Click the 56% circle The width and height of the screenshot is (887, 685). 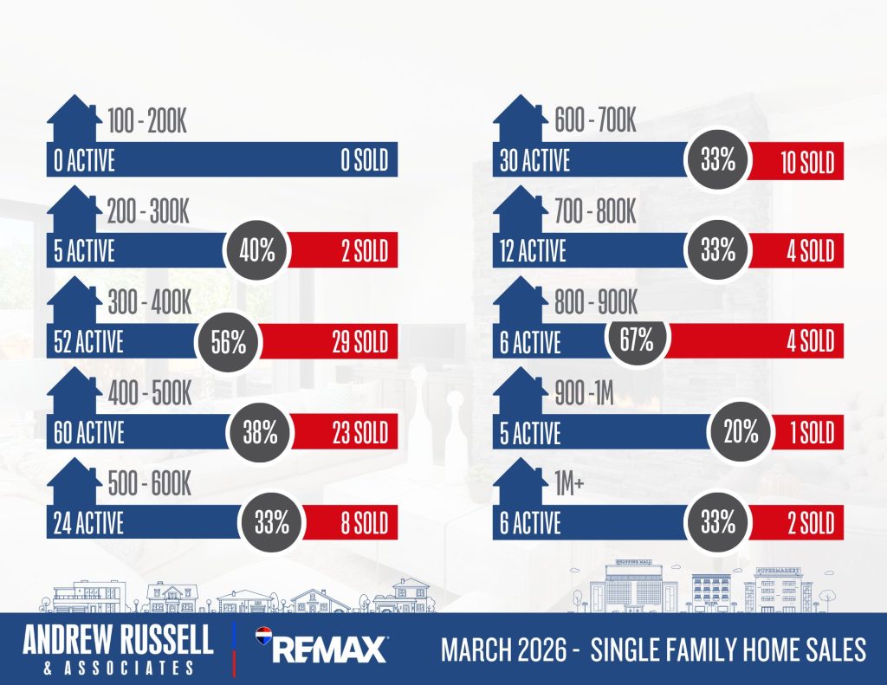pos(228,342)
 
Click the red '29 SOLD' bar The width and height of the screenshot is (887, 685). pos(329,341)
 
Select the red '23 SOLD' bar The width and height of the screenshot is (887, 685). pos(342,431)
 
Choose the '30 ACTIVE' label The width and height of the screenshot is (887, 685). pos(534,161)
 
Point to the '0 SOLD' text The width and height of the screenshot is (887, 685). pos(364,161)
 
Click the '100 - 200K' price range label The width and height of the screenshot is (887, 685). pos(147,122)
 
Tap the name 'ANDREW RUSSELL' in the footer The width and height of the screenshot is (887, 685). pos(118,641)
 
